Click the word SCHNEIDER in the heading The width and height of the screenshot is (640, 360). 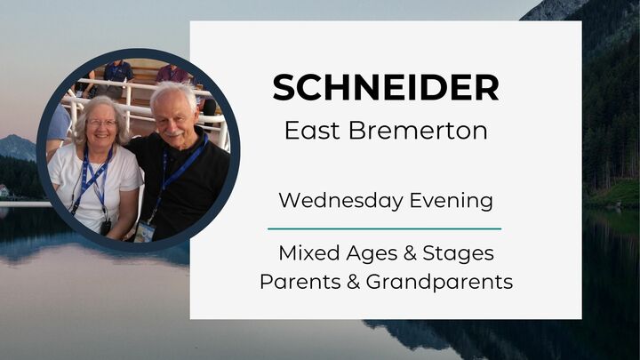pyautogui.click(x=385, y=88)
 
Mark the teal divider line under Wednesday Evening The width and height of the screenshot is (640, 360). pyautogui.click(x=385, y=228)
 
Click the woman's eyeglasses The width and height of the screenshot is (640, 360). pyautogui.click(x=101, y=123)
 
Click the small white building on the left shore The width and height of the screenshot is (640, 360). pyautogui.click(x=4, y=190)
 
